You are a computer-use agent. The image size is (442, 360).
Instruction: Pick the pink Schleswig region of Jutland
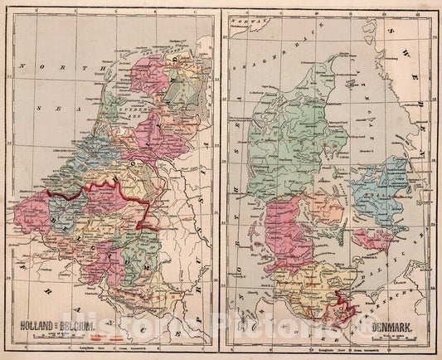click(287, 228)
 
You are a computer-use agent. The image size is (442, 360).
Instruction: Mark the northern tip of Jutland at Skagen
click(338, 57)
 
